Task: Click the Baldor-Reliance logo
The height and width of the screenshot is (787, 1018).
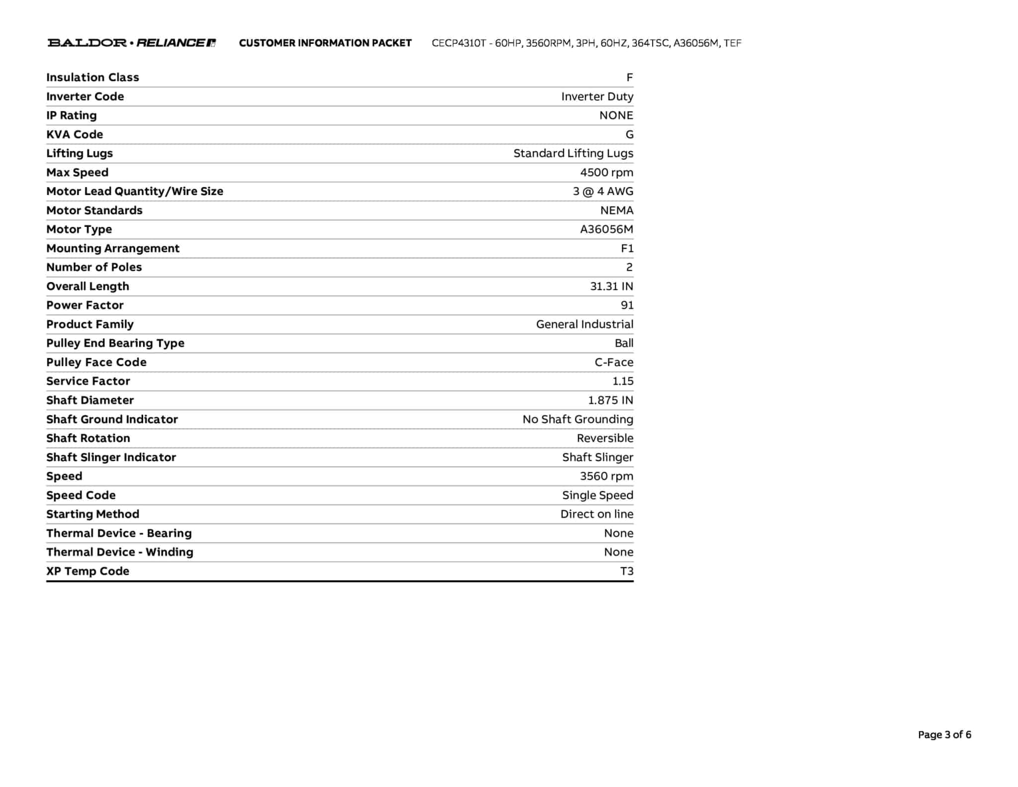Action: click(x=132, y=43)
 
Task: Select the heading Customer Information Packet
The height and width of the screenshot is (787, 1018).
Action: click(x=325, y=43)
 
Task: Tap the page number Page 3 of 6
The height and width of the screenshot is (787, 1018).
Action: click(x=944, y=734)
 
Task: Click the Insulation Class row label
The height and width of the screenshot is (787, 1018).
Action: click(x=92, y=77)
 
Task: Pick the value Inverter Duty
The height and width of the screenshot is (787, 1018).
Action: click(x=597, y=96)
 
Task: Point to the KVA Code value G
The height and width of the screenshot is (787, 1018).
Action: click(x=629, y=134)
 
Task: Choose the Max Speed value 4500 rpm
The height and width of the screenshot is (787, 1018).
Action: click(x=606, y=172)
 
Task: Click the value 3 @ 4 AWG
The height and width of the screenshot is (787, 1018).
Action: click(x=603, y=191)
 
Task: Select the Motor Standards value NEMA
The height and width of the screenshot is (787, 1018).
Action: click(x=616, y=210)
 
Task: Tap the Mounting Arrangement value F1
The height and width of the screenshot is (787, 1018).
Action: click(x=627, y=248)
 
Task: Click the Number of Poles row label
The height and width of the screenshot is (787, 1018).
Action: click(x=94, y=267)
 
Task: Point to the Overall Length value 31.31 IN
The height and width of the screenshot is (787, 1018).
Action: click(x=611, y=286)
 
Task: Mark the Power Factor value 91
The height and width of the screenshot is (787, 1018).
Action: click(x=627, y=305)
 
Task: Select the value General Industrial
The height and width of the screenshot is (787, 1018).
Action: click(x=585, y=324)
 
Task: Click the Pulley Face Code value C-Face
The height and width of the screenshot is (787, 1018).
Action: click(x=614, y=362)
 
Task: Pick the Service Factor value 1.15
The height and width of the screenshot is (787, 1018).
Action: click(x=622, y=381)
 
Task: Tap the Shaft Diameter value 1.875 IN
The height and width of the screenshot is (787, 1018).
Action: click(x=610, y=400)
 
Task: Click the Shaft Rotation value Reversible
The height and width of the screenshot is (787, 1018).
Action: click(x=605, y=438)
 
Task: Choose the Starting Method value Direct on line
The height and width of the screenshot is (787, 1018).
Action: click(x=596, y=514)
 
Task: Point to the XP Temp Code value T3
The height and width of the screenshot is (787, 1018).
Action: click(x=626, y=571)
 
